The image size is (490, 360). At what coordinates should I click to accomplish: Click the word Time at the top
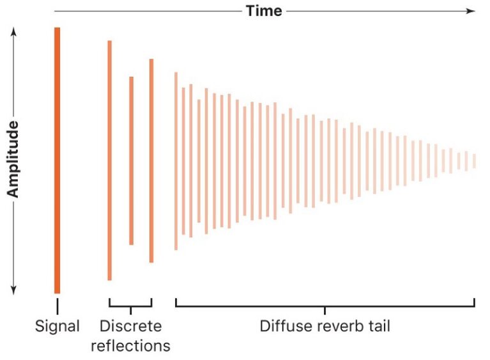(x=264, y=11)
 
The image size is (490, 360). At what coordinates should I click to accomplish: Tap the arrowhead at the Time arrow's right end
(x=471, y=11)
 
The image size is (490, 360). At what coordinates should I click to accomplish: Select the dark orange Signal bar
(x=57, y=160)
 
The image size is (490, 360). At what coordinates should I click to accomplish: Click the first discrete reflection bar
(x=110, y=160)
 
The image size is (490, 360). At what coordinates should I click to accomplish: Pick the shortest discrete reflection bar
(x=131, y=160)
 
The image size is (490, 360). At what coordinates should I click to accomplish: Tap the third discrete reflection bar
(x=151, y=160)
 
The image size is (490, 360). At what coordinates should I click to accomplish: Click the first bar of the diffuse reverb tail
(x=176, y=160)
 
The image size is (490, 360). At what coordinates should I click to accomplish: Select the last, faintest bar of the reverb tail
(x=474, y=160)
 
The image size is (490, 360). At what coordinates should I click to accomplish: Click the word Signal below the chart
(x=57, y=326)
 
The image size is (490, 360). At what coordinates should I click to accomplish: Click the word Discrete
(x=130, y=326)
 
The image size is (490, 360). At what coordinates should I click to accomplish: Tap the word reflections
(x=130, y=346)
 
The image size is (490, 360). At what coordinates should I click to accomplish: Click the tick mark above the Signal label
(x=57, y=304)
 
